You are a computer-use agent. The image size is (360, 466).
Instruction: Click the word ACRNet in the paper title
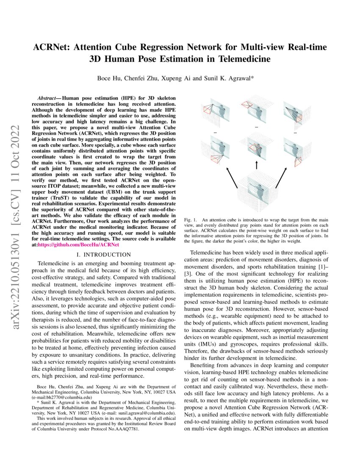pyautogui.click(x=52, y=47)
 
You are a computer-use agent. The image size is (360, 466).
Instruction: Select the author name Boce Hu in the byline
pyautogui.click(x=109, y=78)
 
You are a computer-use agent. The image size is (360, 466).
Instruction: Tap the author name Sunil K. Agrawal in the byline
pyautogui.click(x=231, y=78)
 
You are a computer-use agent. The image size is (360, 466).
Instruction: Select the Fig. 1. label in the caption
pyautogui.click(x=191, y=220)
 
